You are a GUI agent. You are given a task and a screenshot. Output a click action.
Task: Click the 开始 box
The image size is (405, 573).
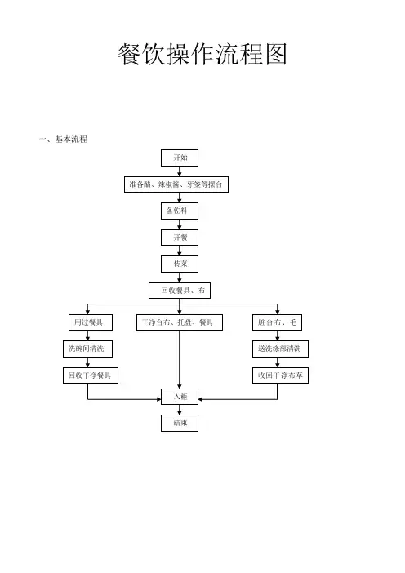point(180,158)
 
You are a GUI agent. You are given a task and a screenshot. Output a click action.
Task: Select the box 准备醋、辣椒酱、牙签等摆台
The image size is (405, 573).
point(176,184)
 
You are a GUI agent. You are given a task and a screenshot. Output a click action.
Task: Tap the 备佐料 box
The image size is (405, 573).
point(180,211)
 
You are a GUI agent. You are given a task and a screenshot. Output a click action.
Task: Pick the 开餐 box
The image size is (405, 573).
point(180,238)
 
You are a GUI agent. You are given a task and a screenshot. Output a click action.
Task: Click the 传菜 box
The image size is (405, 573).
point(180,264)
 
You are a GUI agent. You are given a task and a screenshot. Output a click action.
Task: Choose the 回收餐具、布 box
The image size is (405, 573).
point(180,291)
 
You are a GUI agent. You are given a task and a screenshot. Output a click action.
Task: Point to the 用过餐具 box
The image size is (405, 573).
point(91,322)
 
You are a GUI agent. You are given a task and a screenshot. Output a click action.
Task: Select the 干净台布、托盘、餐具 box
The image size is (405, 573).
point(180,322)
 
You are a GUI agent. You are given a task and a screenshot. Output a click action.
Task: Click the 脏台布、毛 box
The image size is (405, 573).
point(277,322)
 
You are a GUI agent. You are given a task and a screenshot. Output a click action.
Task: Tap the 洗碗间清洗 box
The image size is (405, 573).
point(87,349)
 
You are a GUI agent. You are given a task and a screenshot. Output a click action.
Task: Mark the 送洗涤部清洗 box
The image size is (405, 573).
point(280,349)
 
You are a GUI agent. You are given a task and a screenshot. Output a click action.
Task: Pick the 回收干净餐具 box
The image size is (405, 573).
point(91,375)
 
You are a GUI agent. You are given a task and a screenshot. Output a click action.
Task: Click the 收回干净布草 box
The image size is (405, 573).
point(280,375)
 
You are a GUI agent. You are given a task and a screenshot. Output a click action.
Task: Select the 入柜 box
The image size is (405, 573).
point(180,397)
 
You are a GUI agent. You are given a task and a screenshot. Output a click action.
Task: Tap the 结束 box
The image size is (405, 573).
point(180,423)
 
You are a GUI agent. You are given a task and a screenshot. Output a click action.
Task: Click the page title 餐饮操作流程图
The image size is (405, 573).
point(202,54)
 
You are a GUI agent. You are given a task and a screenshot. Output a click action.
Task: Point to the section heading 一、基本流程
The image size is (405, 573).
point(63,140)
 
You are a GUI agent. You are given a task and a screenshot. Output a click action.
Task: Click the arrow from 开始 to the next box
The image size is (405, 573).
point(180,171)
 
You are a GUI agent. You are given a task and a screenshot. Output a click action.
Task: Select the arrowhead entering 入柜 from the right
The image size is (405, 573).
point(201,399)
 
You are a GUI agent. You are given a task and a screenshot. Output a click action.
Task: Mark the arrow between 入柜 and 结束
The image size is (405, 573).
point(180,410)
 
